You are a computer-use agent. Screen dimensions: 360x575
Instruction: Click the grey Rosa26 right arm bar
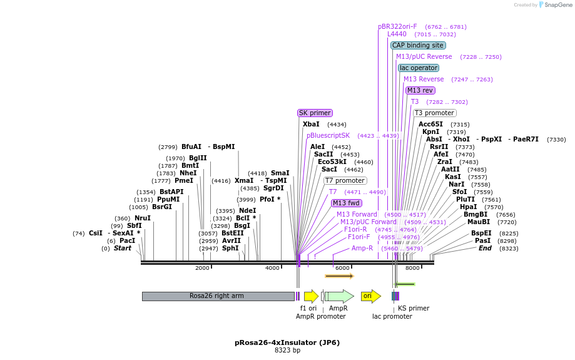(x=217, y=296)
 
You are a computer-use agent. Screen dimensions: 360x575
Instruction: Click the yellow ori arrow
(x=370, y=296)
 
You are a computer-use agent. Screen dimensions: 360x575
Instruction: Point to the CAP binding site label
(x=418, y=45)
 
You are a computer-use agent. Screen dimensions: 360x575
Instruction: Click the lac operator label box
(x=419, y=68)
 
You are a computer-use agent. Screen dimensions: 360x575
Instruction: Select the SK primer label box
(x=315, y=113)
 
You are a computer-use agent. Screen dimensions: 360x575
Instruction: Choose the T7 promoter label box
(x=345, y=180)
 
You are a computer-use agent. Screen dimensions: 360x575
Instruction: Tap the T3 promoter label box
(x=435, y=113)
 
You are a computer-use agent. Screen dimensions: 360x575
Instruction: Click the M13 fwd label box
(x=347, y=203)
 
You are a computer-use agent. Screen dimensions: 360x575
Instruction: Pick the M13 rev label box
(x=420, y=90)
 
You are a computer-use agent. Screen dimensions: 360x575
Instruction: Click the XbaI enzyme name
(x=311, y=124)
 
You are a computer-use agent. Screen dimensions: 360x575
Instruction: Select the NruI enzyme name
(x=143, y=218)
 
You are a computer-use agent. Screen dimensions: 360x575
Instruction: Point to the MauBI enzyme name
(x=479, y=222)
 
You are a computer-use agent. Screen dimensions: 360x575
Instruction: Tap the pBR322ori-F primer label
(x=397, y=26)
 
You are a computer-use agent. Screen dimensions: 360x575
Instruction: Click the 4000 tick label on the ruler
(x=272, y=268)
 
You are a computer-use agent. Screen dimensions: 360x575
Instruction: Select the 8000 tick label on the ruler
(x=412, y=268)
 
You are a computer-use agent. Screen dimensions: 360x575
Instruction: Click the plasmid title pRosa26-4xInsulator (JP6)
(x=287, y=342)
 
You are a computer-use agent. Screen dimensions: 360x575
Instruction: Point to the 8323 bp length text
(x=287, y=351)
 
